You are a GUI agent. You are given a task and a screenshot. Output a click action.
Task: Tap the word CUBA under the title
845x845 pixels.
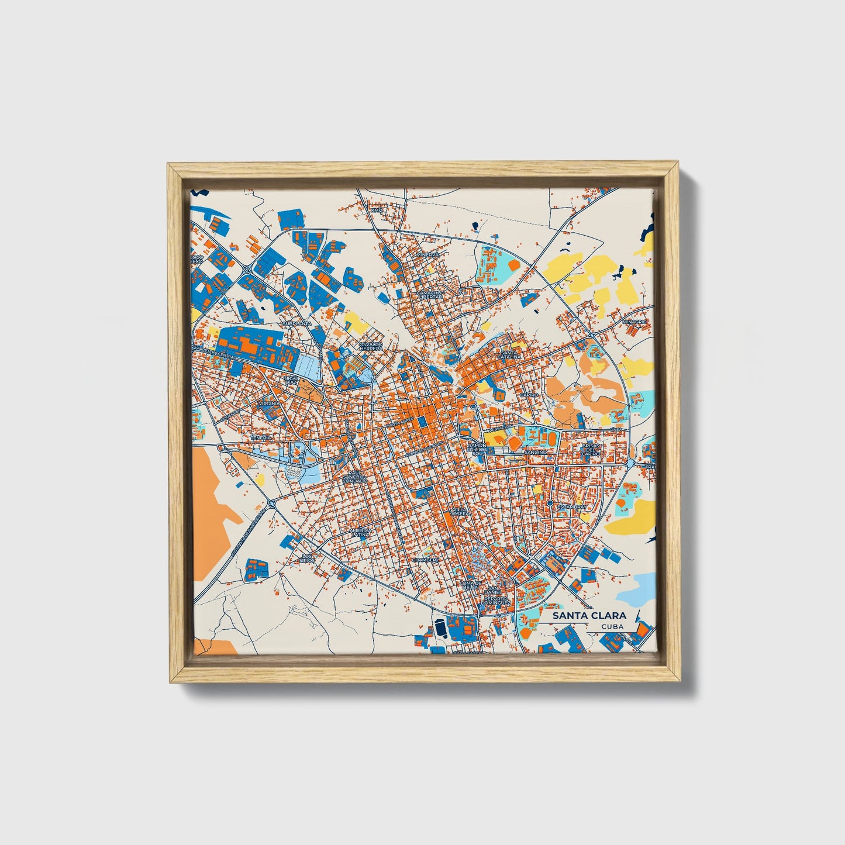[x=612, y=626]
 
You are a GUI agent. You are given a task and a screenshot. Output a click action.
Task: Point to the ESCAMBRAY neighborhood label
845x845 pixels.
[x=571, y=507]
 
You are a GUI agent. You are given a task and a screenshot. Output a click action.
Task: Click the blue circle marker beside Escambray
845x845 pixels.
[x=550, y=503]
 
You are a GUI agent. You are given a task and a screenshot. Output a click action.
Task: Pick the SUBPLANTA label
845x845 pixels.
[x=296, y=323]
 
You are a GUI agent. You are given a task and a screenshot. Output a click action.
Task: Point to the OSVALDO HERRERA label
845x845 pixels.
[x=371, y=346]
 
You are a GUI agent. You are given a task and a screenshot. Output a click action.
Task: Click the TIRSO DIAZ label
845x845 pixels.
[x=291, y=380]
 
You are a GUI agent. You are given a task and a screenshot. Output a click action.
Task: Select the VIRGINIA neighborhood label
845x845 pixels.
[x=271, y=403]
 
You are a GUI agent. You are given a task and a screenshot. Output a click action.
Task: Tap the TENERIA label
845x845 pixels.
[x=261, y=437]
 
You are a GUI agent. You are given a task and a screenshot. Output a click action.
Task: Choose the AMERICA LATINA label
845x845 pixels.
[x=360, y=532]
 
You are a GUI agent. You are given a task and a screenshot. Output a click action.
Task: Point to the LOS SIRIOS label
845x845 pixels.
[x=308, y=558]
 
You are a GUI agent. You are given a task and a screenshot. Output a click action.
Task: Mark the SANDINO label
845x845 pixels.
[x=535, y=453]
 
